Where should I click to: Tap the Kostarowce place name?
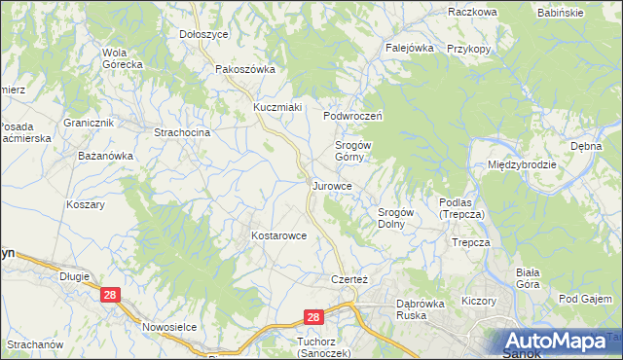click(x=279, y=235)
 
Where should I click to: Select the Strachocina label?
click(x=183, y=132)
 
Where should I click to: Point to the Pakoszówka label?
click(x=245, y=69)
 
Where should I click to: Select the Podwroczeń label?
click(x=354, y=115)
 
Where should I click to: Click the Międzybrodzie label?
click(x=522, y=164)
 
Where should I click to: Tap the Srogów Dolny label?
click(x=396, y=217)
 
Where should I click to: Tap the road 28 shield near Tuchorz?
click(x=312, y=317)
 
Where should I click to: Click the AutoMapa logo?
click(x=559, y=342)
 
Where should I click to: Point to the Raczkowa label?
click(x=472, y=12)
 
